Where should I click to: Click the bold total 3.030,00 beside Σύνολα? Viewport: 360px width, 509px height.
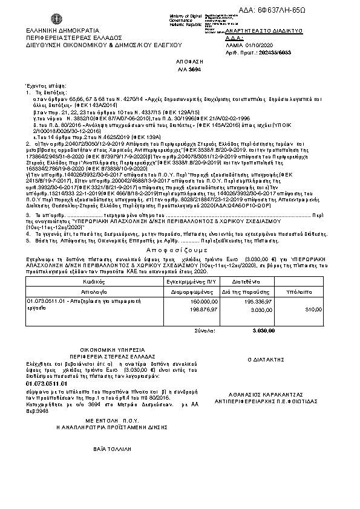(263, 331)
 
